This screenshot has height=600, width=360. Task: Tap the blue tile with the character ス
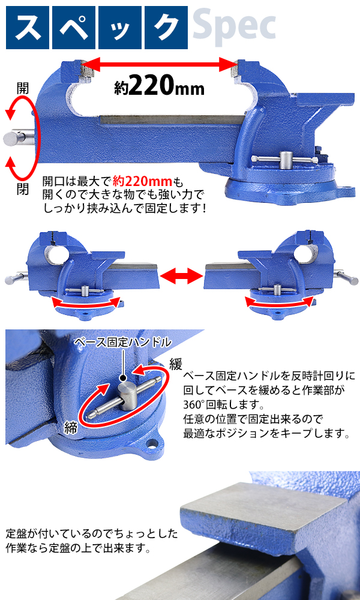(x=28, y=28)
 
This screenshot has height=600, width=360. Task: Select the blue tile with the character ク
(x=166, y=28)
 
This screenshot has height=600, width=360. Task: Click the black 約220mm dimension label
(x=159, y=87)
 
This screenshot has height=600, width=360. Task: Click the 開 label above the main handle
(x=23, y=88)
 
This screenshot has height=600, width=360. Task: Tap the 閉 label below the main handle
(x=23, y=189)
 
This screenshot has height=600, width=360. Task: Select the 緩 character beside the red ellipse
(x=176, y=364)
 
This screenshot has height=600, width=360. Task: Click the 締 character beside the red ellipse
(x=71, y=427)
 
